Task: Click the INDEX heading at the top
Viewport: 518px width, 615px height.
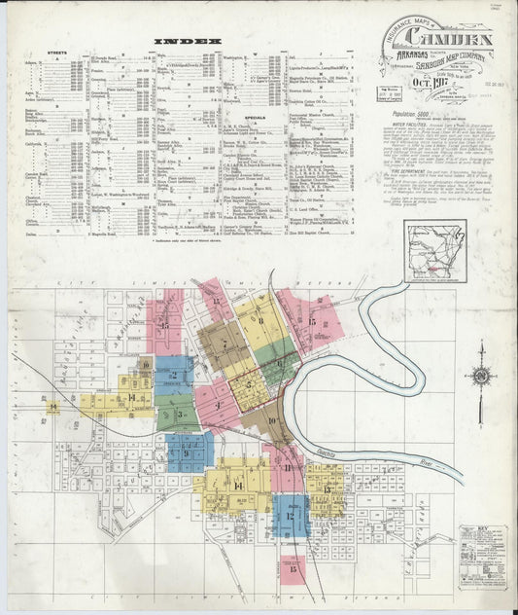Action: (189, 42)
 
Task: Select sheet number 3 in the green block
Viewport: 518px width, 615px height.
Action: (181, 416)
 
